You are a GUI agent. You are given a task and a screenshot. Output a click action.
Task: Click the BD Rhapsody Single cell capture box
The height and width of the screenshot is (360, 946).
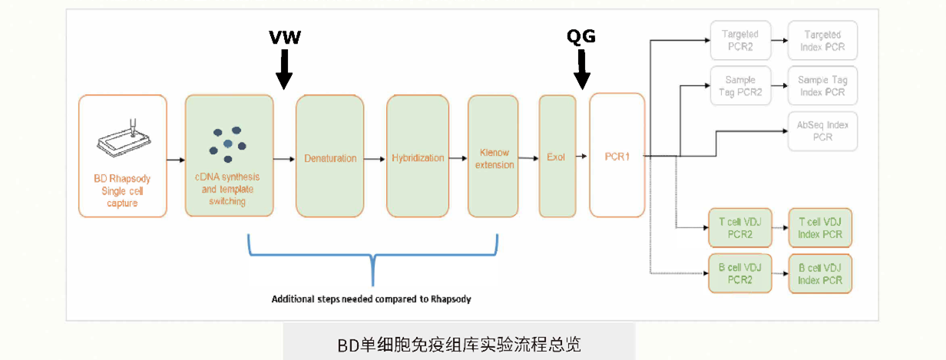pyautogui.click(x=122, y=156)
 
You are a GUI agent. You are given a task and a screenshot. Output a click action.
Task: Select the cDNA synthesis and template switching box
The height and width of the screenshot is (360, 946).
pyautogui.click(x=228, y=156)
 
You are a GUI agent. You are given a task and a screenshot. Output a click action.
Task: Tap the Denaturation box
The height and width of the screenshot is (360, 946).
pyautogui.click(x=329, y=157)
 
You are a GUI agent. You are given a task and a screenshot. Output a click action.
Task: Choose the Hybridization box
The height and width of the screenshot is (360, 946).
pyautogui.click(x=417, y=157)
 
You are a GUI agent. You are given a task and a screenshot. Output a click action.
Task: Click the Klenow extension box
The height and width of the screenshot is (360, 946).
pyautogui.click(x=495, y=157)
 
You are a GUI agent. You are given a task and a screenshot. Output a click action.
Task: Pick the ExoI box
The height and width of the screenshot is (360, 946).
pyautogui.click(x=557, y=157)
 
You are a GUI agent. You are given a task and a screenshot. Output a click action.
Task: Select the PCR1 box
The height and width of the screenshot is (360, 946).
pyautogui.click(x=616, y=157)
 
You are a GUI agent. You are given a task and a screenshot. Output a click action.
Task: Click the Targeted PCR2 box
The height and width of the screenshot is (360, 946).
pyautogui.click(x=740, y=41)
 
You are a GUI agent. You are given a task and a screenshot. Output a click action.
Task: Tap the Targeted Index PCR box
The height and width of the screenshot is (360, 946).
pyautogui.click(x=822, y=41)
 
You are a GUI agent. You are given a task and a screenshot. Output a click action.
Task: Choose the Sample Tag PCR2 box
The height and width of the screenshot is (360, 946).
pyautogui.click(x=740, y=85)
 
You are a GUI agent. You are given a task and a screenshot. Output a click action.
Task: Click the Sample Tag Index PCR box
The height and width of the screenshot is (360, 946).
pyautogui.click(x=822, y=85)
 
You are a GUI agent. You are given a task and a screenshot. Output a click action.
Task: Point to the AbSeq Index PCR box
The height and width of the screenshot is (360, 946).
pyautogui.click(x=822, y=130)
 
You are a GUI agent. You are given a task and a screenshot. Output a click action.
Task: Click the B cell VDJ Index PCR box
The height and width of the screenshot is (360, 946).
pyautogui.click(x=821, y=274)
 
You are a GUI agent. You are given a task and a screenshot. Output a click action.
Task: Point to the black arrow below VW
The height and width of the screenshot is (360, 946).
pyautogui.click(x=284, y=69)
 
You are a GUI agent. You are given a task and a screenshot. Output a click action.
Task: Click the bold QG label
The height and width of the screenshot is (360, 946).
pyautogui.click(x=580, y=36)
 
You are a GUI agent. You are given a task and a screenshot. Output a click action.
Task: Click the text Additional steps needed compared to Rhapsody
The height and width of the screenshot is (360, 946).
pyautogui.click(x=371, y=299)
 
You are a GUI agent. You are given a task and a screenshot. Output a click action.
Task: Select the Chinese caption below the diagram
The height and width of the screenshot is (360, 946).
pyautogui.click(x=459, y=344)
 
